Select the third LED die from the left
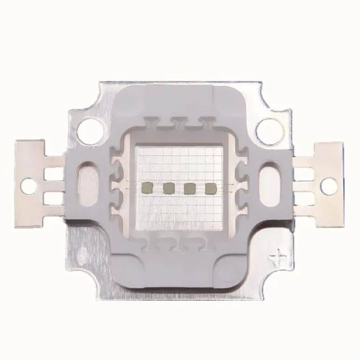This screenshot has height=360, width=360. tap(189, 188)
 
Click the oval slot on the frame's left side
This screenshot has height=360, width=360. tap(87, 182)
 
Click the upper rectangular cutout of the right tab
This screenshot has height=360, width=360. tap(306, 172)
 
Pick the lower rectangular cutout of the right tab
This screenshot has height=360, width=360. tap(306, 198)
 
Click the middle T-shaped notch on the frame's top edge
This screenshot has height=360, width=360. tap(179, 123)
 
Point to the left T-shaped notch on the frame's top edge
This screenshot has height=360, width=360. tap(152, 123)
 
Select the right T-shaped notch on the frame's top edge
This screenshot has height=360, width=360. tap(205, 123)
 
